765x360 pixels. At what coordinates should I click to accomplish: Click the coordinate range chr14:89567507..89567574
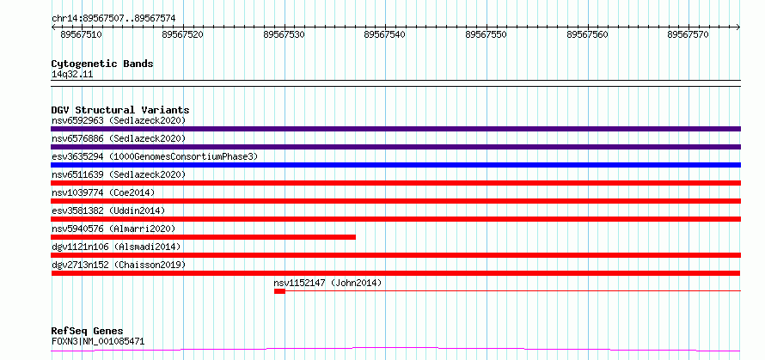tap(113, 19)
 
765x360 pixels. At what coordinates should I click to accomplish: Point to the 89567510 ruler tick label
tap(81, 35)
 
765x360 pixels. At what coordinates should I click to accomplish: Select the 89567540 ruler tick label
tap(384, 35)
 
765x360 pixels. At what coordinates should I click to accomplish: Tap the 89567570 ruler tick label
tap(688, 35)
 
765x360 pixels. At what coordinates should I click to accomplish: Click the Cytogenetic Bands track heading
tap(102, 64)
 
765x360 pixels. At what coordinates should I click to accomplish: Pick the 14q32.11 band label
tap(72, 75)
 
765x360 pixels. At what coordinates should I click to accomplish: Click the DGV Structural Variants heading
tap(120, 110)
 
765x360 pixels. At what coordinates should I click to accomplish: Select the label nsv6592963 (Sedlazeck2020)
tap(119, 120)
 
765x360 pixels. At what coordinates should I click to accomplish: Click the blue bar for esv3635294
tap(395, 165)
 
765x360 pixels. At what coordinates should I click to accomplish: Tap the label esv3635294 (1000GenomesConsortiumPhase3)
tap(155, 156)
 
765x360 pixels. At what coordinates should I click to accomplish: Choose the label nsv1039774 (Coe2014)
tap(103, 192)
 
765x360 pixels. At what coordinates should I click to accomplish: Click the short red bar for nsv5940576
tap(204, 237)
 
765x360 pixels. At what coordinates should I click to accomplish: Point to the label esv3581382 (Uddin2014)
tap(108, 211)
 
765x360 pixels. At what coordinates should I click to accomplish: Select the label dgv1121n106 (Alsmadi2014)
tap(116, 247)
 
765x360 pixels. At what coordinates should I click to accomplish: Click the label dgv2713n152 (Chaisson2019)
tap(119, 265)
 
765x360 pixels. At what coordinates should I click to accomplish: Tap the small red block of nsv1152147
tap(279, 291)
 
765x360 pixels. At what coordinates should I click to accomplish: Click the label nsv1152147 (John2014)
tap(327, 283)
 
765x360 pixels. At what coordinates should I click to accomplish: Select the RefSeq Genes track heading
tap(87, 332)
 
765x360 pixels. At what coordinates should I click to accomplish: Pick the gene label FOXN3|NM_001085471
tap(98, 341)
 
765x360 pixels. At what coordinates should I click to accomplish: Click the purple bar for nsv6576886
tap(395, 147)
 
